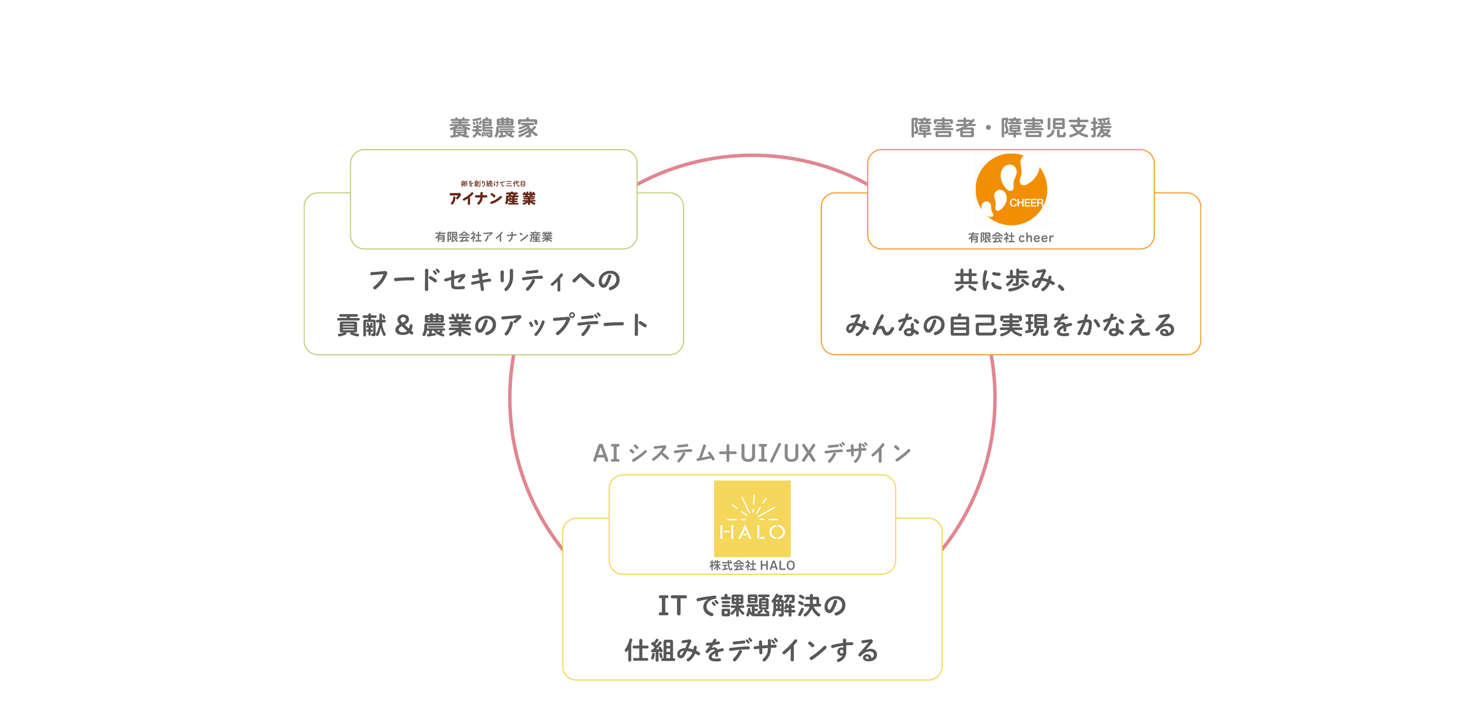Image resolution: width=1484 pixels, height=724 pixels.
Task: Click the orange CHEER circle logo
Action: point(1011,189)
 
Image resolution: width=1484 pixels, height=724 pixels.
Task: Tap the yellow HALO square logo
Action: point(752,518)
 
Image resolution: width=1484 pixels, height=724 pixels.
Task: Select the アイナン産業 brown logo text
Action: point(492,198)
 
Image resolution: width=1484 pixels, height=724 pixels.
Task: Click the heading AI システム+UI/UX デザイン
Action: point(752,453)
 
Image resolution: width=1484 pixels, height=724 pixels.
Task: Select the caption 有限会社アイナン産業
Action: point(494,237)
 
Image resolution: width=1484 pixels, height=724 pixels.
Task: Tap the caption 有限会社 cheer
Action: point(1011,238)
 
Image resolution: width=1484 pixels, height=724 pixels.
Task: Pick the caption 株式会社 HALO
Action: point(752,566)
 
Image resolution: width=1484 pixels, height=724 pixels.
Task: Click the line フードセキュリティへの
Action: point(494,280)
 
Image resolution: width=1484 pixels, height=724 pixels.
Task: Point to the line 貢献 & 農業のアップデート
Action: point(494,325)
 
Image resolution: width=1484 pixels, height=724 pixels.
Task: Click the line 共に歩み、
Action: point(1011,280)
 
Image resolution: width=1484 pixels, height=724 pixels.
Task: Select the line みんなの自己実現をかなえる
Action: point(1011,325)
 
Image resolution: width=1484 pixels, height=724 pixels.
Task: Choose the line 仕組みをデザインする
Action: point(752,650)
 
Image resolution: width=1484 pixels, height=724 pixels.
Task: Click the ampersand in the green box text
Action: point(404,326)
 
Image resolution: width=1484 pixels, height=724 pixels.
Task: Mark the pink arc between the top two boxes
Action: point(752,156)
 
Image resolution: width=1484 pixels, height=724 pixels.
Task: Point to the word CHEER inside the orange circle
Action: point(1026,203)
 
